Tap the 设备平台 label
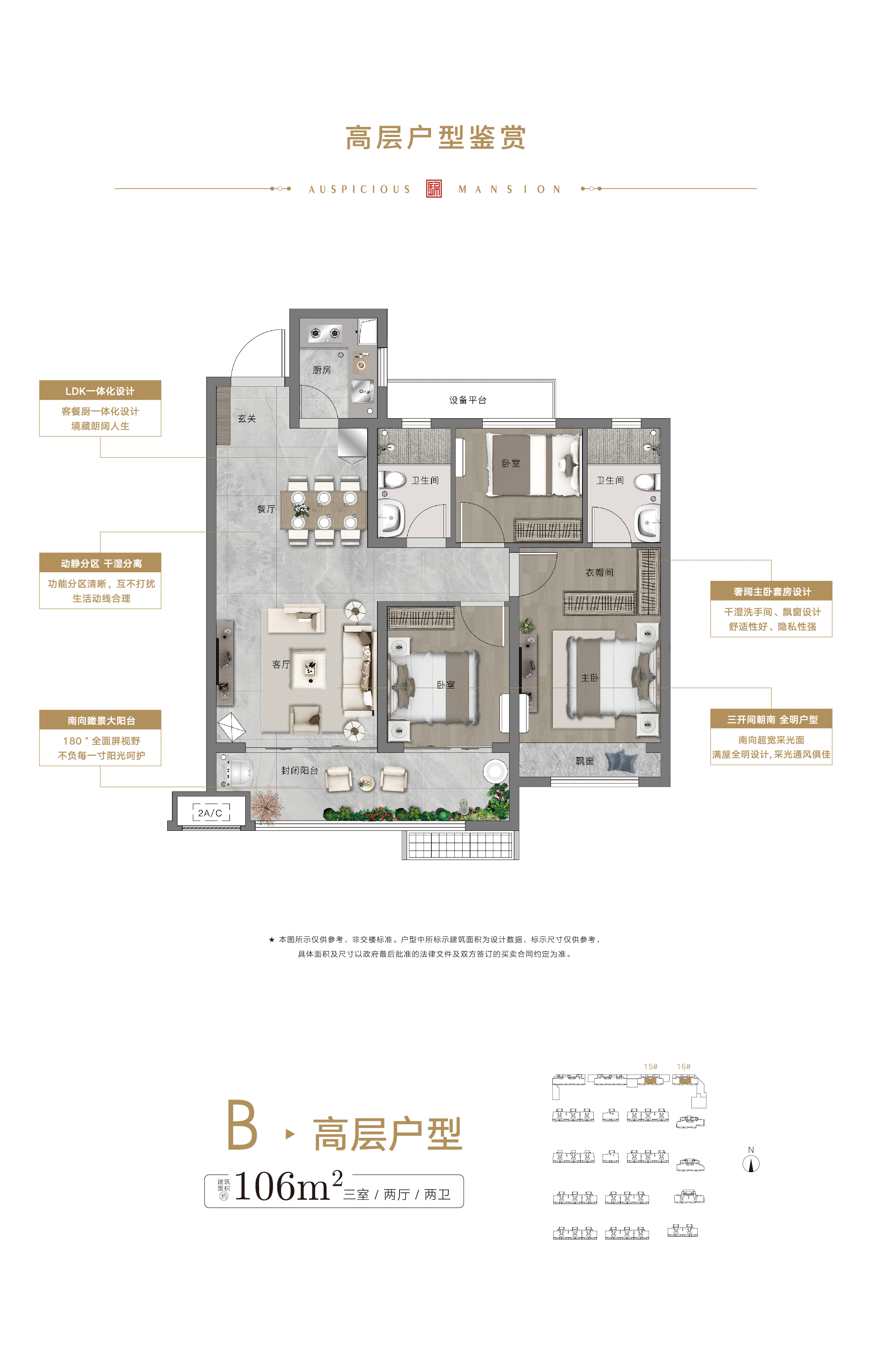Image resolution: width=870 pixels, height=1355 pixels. click(468, 400)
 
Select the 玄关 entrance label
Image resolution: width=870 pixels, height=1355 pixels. click(247, 418)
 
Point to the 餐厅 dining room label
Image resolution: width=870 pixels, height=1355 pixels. click(266, 509)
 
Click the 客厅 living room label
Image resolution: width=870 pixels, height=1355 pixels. click(281, 664)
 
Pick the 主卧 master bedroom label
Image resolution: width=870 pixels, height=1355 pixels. click(590, 677)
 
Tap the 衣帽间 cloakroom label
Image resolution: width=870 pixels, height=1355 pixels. click(599, 573)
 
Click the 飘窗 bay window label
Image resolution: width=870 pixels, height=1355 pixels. click(585, 761)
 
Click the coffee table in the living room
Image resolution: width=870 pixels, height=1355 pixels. click(309, 669)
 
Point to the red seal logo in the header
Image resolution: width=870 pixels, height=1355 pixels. click(434, 188)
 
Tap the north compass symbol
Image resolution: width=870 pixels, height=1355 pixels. click(751, 1163)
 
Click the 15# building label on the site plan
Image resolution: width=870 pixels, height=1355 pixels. click(651, 1067)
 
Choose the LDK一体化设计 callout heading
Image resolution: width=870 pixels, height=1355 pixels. click(100, 391)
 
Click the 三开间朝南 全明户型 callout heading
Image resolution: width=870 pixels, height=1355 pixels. click(772, 719)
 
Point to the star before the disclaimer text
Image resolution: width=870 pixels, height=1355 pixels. click(272, 940)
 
